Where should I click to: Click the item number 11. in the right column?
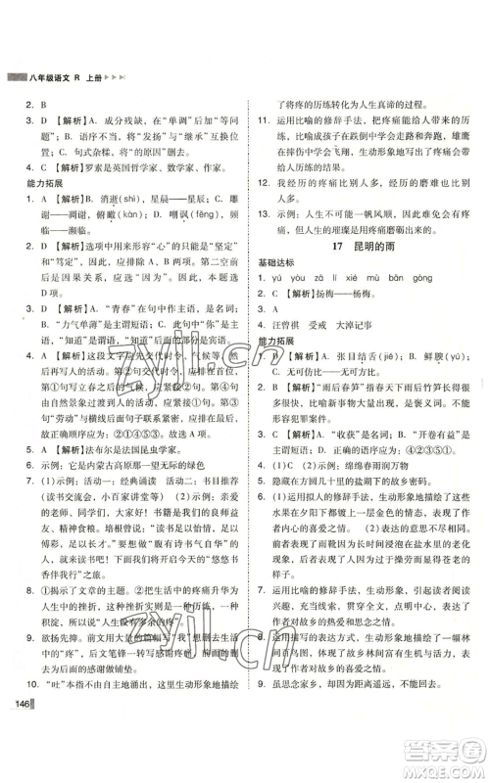pos(259,119)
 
